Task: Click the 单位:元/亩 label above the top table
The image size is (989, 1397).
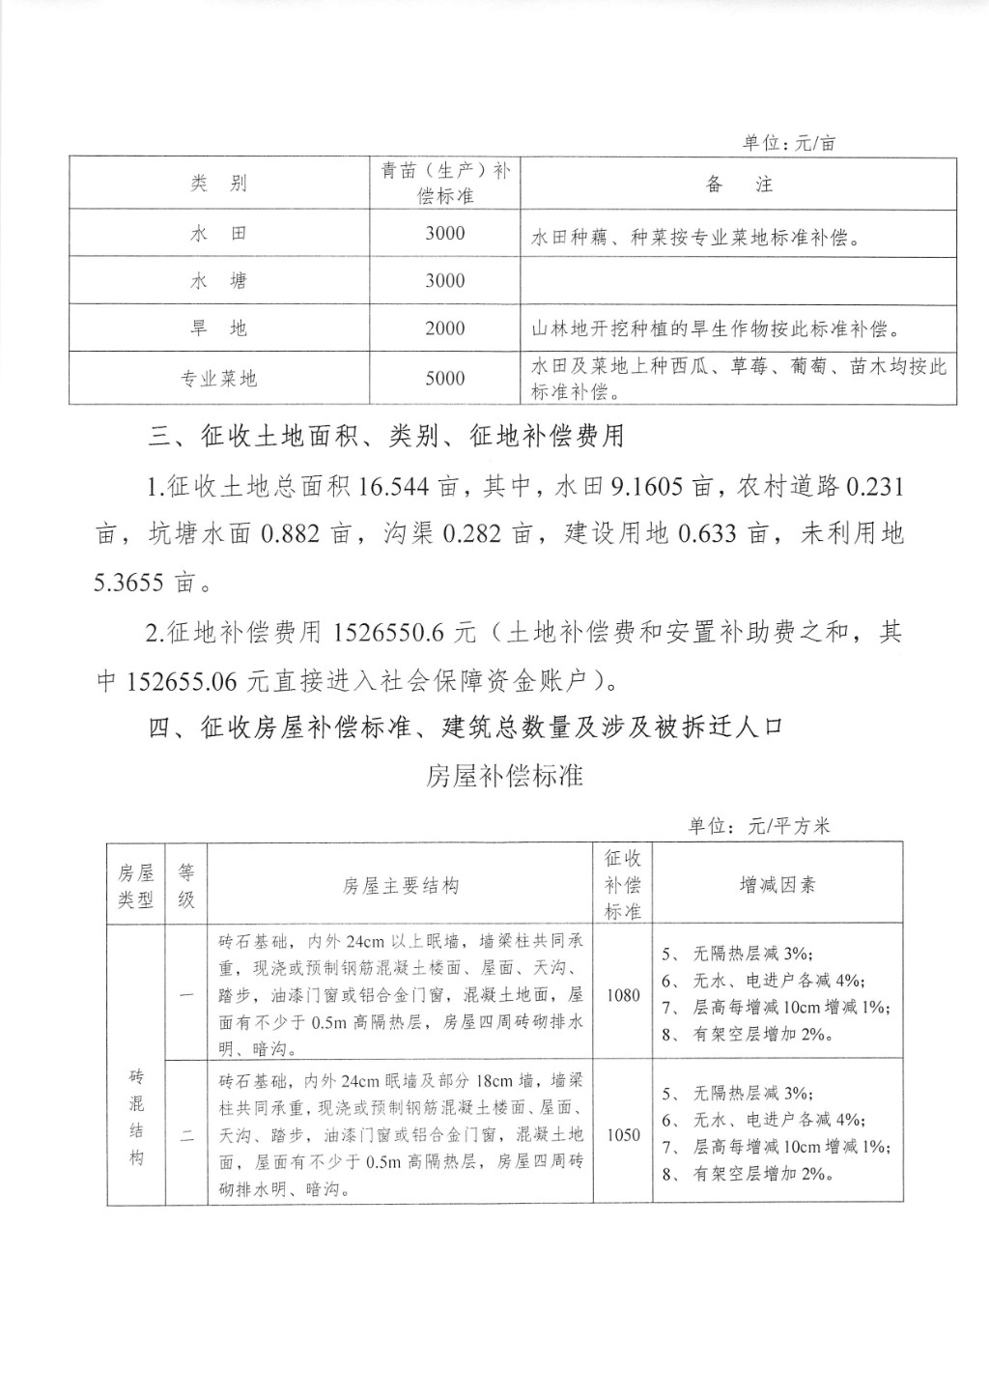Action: [788, 143]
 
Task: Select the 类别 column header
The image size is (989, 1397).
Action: [218, 184]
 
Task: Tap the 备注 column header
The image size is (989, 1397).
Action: [739, 184]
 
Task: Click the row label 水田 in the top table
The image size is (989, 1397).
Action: [218, 234]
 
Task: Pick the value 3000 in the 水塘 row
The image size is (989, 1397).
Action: [444, 281]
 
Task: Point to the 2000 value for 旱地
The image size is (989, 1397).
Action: [444, 328]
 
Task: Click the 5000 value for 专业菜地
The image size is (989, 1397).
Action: [444, 379]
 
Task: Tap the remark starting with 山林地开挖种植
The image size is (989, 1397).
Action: [716, 328]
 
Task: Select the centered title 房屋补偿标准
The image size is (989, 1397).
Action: [504, 775]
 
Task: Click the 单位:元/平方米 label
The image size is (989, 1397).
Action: [758, 826]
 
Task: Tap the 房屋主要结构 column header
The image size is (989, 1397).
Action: [400, 885]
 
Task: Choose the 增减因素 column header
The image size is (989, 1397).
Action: [777, 885]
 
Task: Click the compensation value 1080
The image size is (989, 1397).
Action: [623, 994]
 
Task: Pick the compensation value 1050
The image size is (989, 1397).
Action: [623, 1134]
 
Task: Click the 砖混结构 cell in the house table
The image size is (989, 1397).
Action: [136, 1116]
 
